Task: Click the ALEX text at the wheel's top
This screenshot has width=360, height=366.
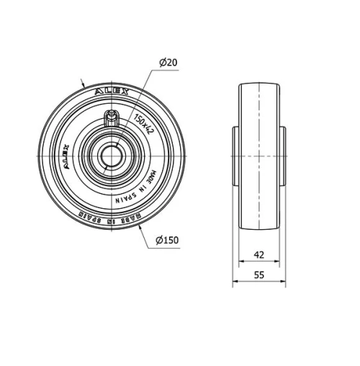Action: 112,93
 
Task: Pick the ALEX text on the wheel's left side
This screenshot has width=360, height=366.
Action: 63,153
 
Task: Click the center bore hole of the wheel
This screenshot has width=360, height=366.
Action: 112,154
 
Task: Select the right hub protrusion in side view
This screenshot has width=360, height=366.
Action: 282,154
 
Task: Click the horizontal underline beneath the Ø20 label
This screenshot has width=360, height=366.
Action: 167,70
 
